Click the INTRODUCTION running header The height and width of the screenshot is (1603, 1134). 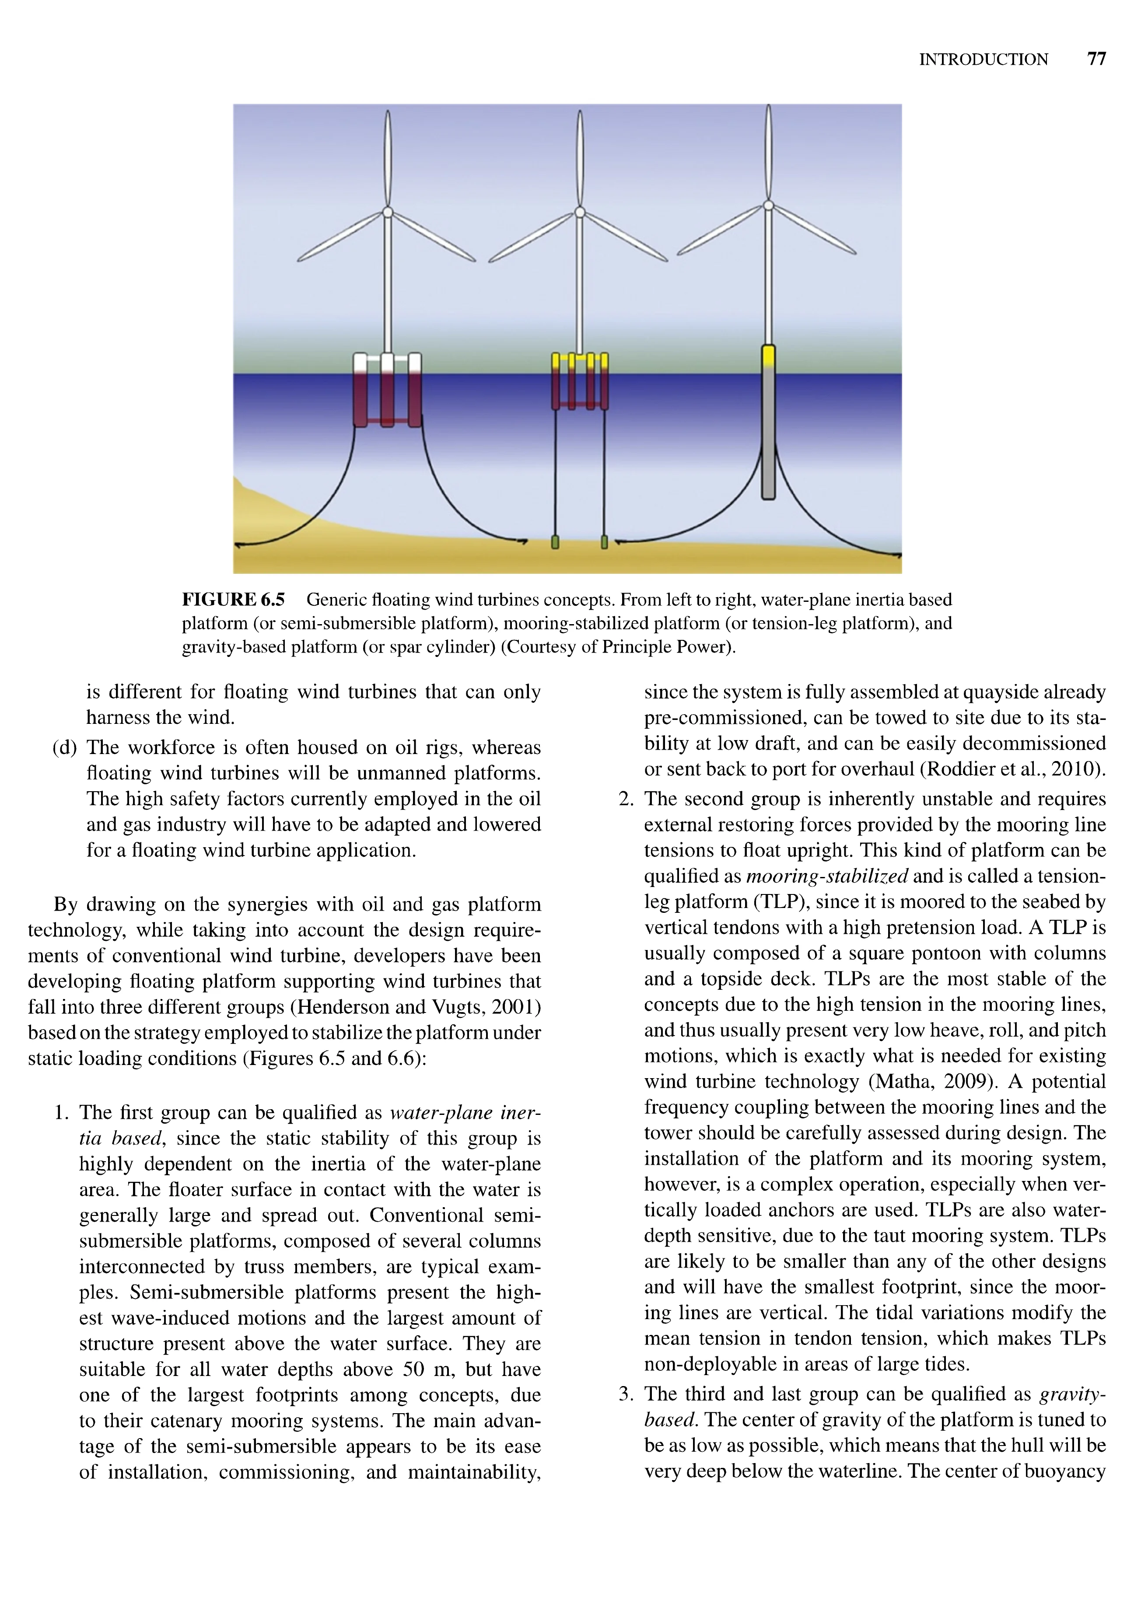pos(983,60)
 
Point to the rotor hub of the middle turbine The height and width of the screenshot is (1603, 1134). pos(579,212)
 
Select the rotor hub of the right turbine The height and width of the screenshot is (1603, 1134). pos(768,205)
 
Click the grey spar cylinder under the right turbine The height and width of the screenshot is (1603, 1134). pos(768,433)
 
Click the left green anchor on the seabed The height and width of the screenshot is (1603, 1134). pos(555,542)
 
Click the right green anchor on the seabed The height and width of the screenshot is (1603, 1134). pos(605,542)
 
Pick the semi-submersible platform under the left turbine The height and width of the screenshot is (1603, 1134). pos(388,391)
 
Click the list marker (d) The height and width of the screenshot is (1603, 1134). pos(64,748)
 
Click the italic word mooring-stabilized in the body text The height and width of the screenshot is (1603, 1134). pos(827,876)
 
